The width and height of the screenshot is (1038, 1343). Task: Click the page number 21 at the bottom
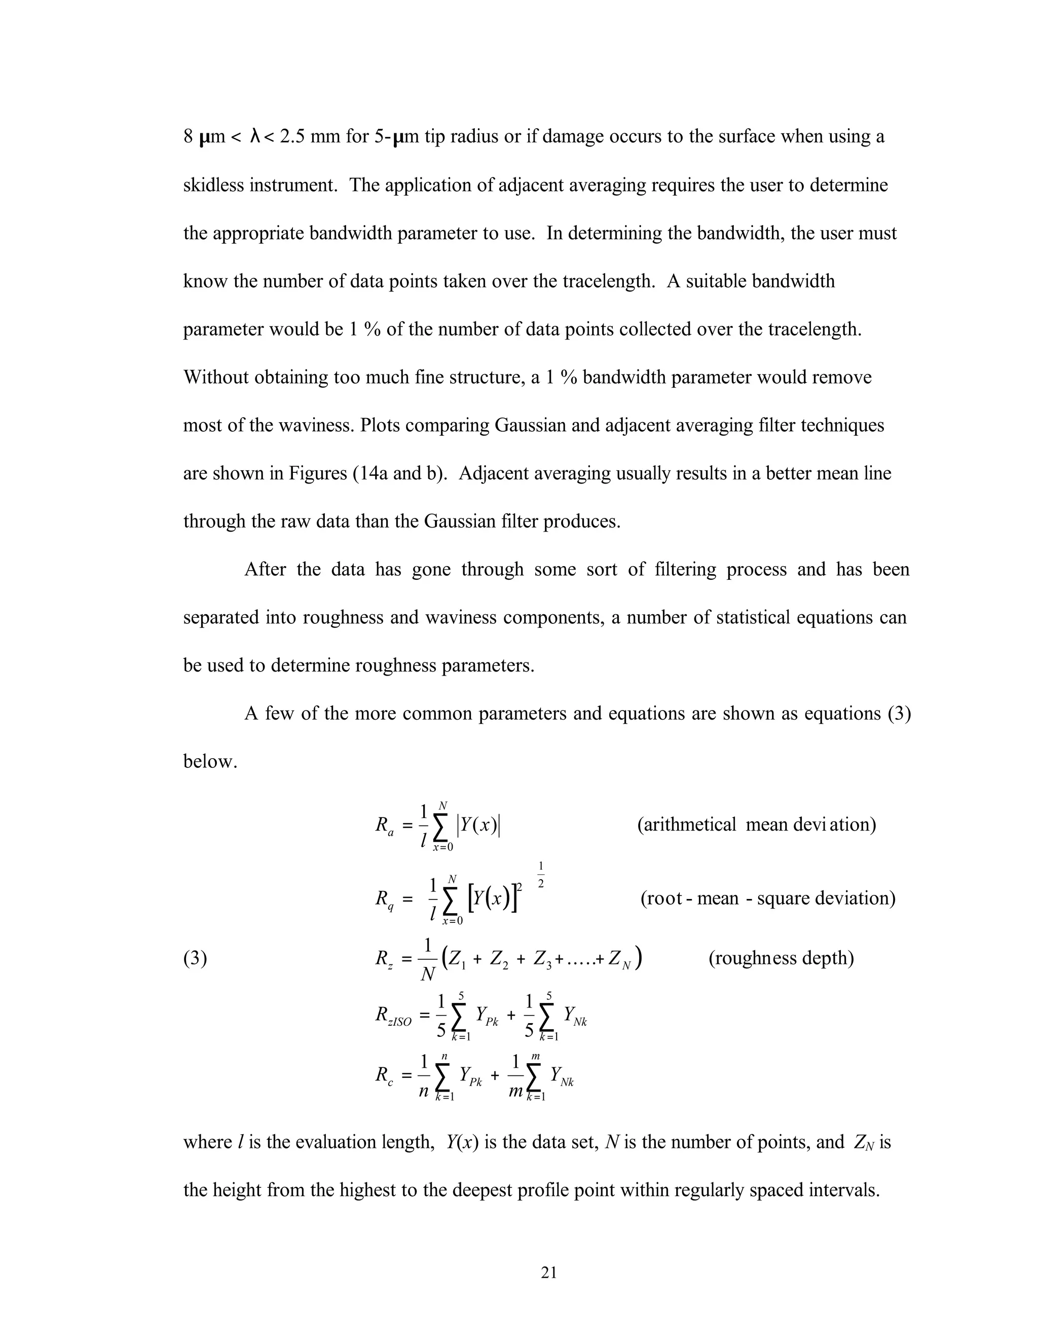coord(548,1272)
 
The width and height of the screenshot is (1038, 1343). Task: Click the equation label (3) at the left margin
coord(195,958)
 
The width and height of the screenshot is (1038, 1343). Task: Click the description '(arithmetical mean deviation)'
coord(756,824)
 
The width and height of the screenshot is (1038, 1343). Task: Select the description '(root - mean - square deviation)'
coord(767,899)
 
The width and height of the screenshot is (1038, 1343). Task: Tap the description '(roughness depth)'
coord(781,958)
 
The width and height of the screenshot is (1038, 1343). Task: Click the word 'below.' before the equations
coord(210,761)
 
